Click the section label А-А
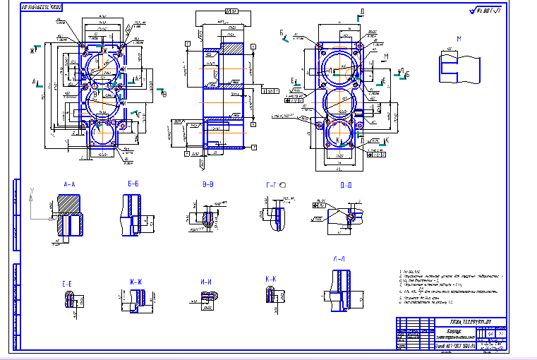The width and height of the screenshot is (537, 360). click(69, 184)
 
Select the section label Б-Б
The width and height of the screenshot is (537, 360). click(133, 184)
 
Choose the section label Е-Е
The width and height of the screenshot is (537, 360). click(68, 283)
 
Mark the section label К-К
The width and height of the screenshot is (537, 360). click(271, 279)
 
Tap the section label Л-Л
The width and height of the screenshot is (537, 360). click(339, 259)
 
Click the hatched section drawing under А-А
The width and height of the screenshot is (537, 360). click(69, 215)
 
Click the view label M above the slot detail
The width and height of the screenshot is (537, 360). click(459, 39)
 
